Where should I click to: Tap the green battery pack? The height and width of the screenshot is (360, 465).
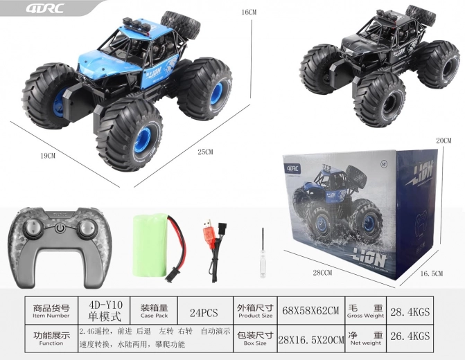coord(152,246)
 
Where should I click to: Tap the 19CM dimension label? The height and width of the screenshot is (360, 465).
coord(48,156)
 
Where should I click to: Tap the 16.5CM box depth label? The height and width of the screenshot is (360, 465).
coord(432,274)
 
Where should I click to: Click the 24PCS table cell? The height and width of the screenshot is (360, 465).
coord(204,311)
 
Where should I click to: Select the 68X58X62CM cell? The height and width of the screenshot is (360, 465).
coord(310,311)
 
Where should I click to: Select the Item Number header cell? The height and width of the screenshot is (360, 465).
coord(51,311)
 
